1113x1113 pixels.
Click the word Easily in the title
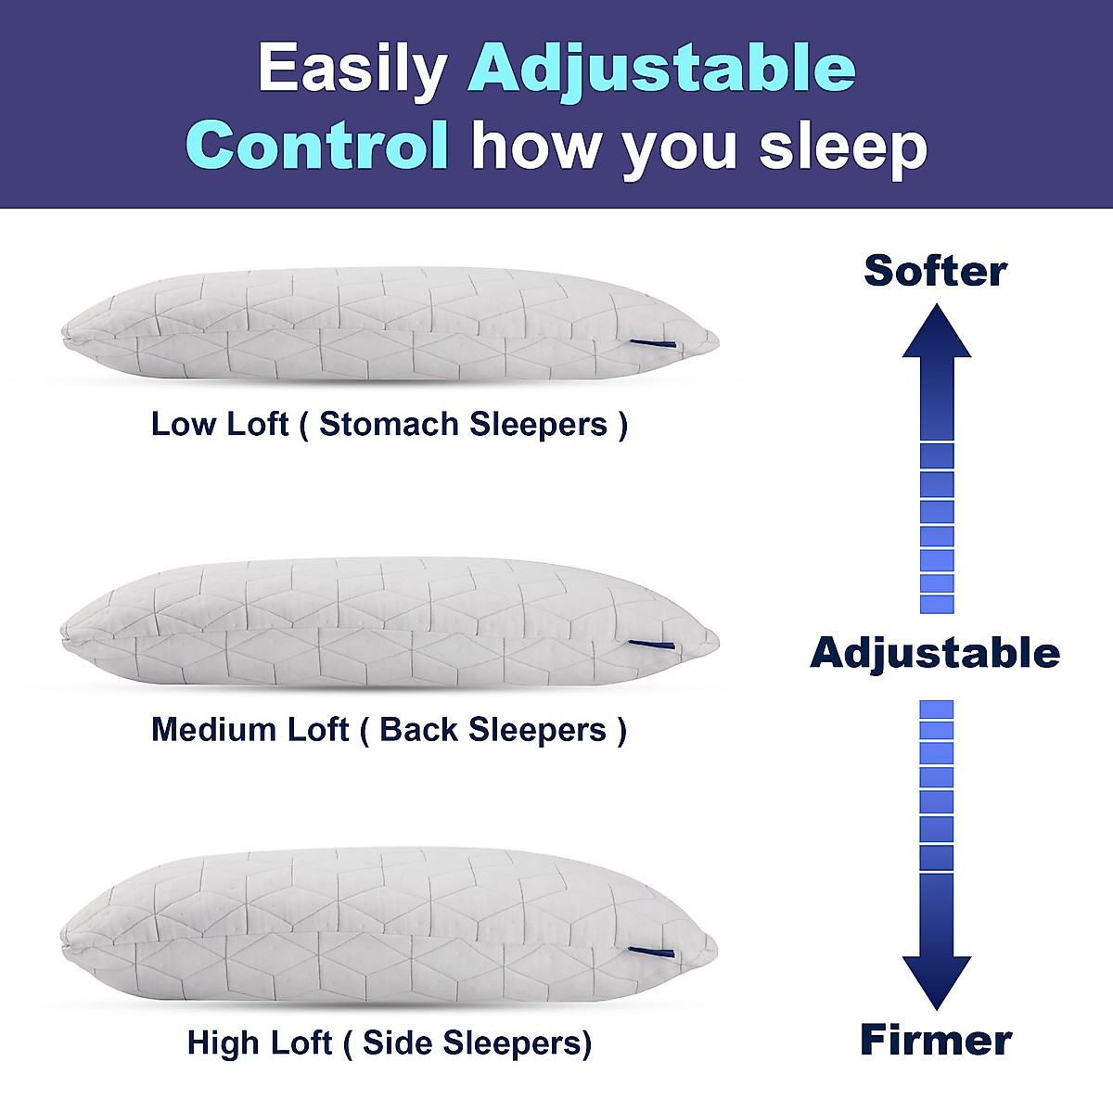[352, 71]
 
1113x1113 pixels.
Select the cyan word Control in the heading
[316, 145]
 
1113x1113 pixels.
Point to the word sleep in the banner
[843, 150]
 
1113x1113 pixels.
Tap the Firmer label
[936, 1040]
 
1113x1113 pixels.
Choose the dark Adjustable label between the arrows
[935, 654]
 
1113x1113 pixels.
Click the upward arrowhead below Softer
[936, 332]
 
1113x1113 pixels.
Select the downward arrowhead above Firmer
[936, 983]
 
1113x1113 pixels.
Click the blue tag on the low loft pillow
[653, 344]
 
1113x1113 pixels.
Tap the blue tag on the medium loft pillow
[651, 644]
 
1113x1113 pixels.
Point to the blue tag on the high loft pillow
[651, 952]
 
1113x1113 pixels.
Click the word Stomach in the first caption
[389, 424]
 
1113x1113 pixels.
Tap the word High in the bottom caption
[224, 1043]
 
